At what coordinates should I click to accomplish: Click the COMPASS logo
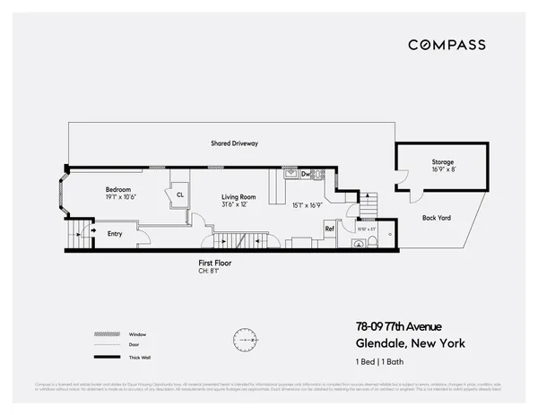(x=447, y=45)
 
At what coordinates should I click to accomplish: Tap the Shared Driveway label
(x=235, y=143)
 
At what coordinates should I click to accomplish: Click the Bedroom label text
(x=119, y=190)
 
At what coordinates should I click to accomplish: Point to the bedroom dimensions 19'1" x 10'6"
(x=119, y=197)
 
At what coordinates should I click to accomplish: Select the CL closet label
(x=179, y=195)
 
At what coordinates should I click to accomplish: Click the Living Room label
(x=239, y=196)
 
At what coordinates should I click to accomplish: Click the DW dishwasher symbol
(x=306, y=174)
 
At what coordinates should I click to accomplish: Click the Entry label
(x=115, y=234)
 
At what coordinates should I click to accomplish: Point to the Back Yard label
(x=438, y=217)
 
